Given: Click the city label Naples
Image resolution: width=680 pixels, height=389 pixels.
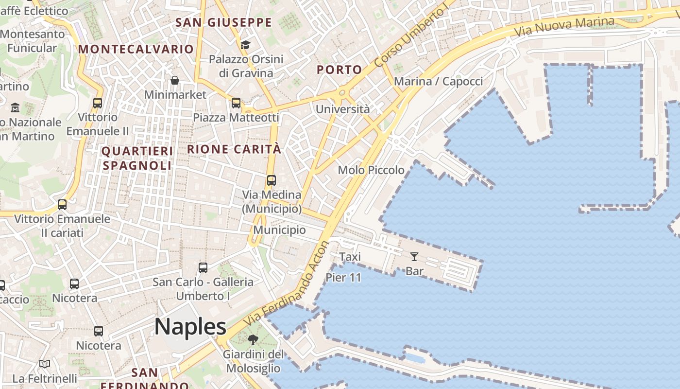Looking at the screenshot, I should tap(190, 326).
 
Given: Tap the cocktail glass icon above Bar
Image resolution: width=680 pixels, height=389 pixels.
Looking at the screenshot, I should tap(414, 256).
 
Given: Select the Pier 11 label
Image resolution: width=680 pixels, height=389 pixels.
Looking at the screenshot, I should tap(343, 278).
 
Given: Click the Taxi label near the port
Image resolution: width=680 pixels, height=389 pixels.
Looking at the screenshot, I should tap(350, 256).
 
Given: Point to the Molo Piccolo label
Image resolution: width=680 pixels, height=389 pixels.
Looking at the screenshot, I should tap(371, 170).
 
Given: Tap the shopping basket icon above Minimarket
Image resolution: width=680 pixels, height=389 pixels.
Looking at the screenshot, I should tap(175, 80).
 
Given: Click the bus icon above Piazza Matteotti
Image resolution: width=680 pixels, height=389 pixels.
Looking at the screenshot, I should tap(236, 103).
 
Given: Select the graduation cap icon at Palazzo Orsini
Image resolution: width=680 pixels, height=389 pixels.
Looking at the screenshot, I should tap(245, 45).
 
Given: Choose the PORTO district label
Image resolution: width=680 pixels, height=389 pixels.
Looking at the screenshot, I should tap(340, 70).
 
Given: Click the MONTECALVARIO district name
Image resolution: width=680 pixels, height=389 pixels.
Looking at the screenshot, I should tap(136, 49).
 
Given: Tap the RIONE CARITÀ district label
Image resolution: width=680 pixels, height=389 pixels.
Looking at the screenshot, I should tap(234, 149).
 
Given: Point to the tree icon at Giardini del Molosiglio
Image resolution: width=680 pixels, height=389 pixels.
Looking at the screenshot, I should tap(253, 339).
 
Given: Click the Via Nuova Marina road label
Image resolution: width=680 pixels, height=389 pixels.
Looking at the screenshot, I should tap(564, 26).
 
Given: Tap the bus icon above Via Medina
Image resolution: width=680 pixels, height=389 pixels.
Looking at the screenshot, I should tap(272, 180).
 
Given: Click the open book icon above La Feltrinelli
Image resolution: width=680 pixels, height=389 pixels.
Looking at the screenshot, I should tap(45, 364).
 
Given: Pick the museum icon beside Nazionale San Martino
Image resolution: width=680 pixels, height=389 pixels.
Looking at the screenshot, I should tap(15, 107).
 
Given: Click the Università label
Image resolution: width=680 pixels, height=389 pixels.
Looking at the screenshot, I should tap(342, 109).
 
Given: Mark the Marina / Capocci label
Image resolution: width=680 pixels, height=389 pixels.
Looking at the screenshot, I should tap(438, 81).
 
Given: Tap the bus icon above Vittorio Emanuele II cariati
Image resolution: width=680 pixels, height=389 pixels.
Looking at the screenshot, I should tap(62, 205).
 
